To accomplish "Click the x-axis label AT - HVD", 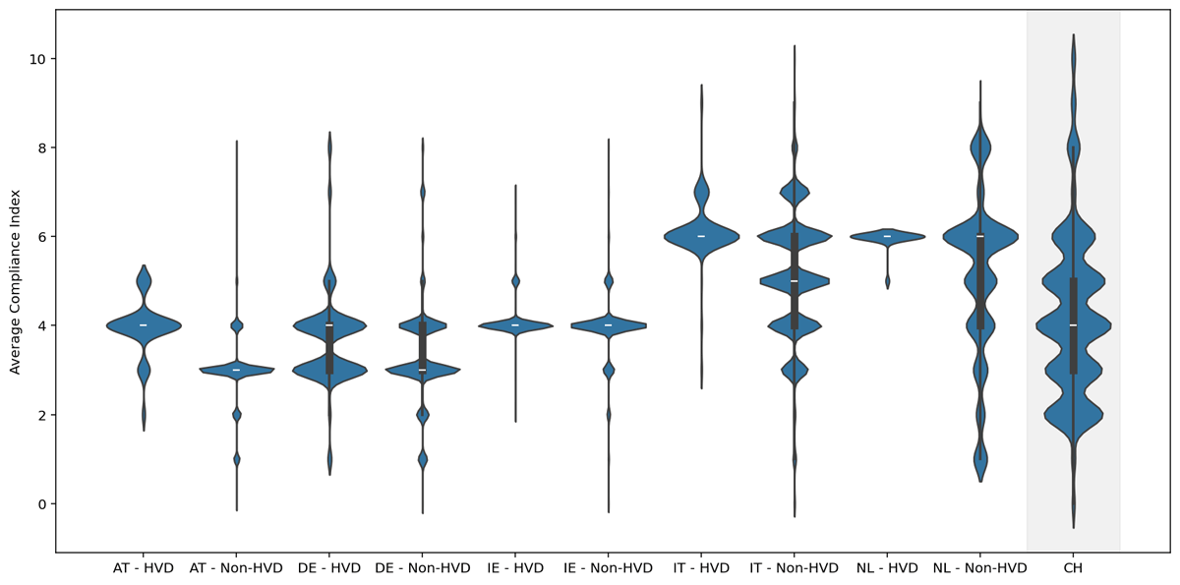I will (x=144, y=568).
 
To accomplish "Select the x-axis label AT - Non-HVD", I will (x=236, y=568).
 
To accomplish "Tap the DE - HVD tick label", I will (x=329, y=568).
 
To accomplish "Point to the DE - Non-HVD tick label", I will (x=422, y=568).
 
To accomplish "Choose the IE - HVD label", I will (x=515, y=568).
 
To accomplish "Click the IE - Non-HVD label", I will (x=608, y=568).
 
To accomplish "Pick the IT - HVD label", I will (x=701, y=568).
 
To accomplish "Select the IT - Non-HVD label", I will (x=794, y=568).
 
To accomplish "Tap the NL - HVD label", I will (x=887, y=568).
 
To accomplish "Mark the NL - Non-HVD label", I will (x=979, y=568).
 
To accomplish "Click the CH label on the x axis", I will (x=1073, y=568).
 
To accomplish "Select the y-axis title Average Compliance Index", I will (x=15, y=281).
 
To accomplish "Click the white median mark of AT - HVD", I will (x=144, y=325).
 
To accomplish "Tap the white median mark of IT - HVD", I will (x=701, y=236).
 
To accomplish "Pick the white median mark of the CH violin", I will (x=1073, y=325).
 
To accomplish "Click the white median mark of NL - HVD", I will (x=887, y=236).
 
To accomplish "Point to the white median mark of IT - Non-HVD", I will (x=794, y=281).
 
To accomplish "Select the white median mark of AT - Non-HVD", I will (x=236, y=370).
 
